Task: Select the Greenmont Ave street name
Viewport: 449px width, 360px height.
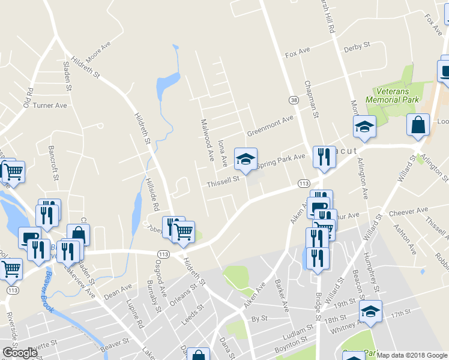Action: coord(270,125)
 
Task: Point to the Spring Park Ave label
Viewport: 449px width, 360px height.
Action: coord(282,160)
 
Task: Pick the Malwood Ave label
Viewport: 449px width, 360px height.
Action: coord(207,139)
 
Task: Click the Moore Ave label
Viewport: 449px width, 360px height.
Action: coord(99,53)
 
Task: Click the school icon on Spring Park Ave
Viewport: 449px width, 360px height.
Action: coord(245,160)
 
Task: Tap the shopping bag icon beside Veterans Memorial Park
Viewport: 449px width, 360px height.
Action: coord(418,125)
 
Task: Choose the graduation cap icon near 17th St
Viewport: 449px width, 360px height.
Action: coord(370,311)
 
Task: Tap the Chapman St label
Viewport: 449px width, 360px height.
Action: coord(310,99)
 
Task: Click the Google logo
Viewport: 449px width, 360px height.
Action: coord(20,353)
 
